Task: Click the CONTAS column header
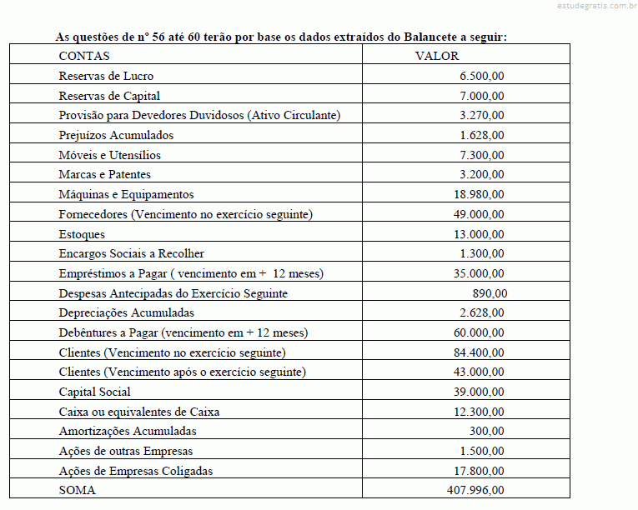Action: (x=83, y=56)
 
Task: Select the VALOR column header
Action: (x=436, y=56)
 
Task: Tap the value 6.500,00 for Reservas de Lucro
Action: (x=482, y=76)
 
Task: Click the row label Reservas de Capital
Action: (x=109, y=96)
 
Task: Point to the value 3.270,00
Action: (x=482, y=115)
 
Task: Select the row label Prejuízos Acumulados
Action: (x=116, y=135)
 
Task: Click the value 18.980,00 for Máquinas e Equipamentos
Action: (x=479, y=194)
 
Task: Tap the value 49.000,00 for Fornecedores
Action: (x=479, y=214)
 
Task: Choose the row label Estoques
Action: (x=82, y=234)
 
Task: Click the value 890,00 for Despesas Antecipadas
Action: (x=490, y=293)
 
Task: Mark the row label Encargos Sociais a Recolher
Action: (x=131, y=253)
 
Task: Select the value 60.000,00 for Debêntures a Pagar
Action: (x=479, y=332)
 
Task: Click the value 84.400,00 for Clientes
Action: (x=479, y=352)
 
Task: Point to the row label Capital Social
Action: (x=94, y=392)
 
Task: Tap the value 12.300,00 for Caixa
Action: (x=479, y=412)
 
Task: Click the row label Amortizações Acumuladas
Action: (x=128, y=432)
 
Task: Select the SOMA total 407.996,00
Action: (x=475, y=490)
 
